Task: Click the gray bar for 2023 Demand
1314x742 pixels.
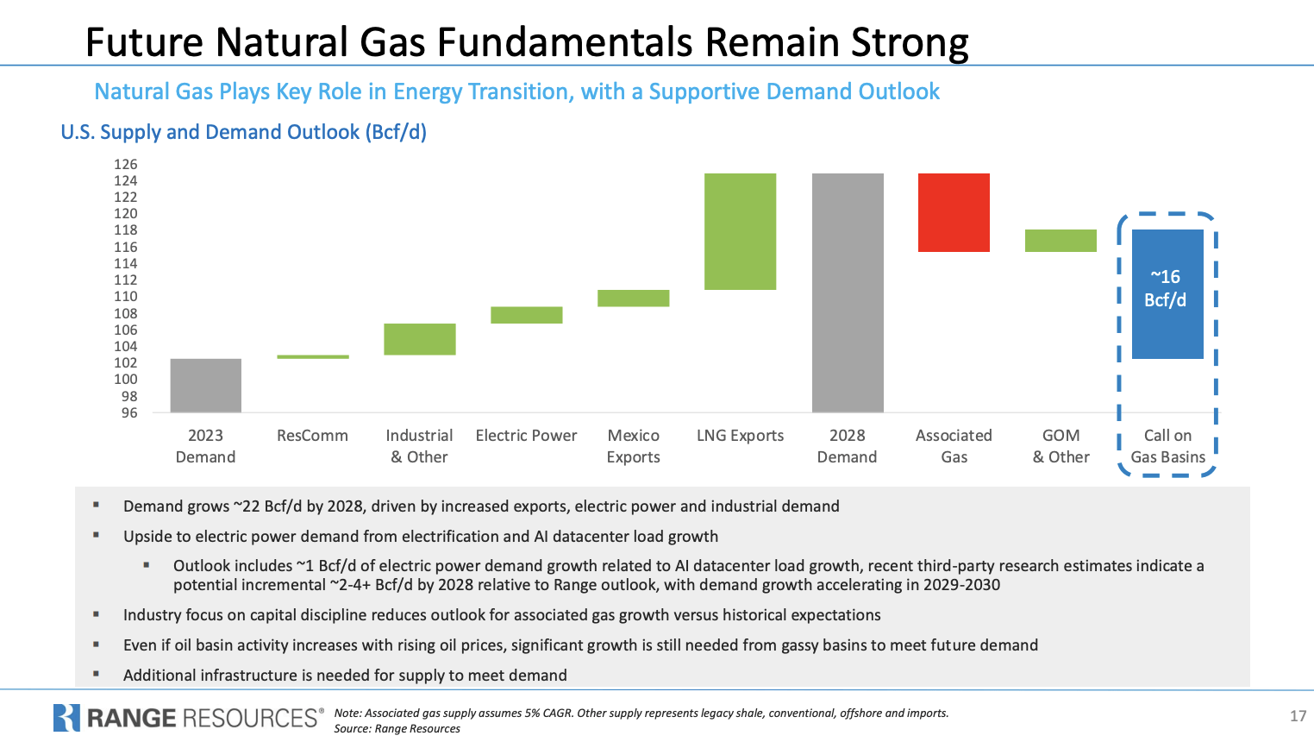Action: pyautogui.click(x=206, y=385)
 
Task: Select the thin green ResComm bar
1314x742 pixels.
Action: pyautogui.click(x=313, y=356)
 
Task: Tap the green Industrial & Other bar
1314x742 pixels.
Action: pyautogui.click(x=420, y=339)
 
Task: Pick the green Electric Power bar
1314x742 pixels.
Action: pyautogui.click(x=527, y=315)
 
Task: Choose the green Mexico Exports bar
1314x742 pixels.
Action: pyautogui.click(x=634, y=299)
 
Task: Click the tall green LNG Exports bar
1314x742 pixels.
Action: pyautogui.click(x=741, y=231)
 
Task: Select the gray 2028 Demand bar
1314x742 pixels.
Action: pyautogui.click(x=848, y=292)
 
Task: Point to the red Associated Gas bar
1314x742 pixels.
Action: pyautogui.click(x=954, y=212)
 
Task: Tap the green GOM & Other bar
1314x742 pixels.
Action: pyautogui.click(x=1061, y=241)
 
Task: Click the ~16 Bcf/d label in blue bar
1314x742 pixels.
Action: pyautogui.click(x=1166, y=288)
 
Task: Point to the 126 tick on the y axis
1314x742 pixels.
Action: pyautogui.click(x=126, y=164)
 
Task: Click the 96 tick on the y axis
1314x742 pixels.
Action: pyautogui.click(x=129, y=412)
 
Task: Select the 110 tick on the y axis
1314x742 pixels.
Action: pyautogui.click(x=126, y=296)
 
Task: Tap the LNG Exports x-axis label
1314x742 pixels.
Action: pyautogui.click(x=741, y=436)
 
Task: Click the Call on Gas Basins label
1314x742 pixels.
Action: pyautogui.click(x=1168, y=446)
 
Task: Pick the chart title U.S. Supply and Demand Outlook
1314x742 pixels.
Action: pyautogui.click(x=243, y=132)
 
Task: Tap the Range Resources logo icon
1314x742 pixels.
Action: pyautogui.click(x=66, y=718)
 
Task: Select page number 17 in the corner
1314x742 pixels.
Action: pyautogui.click(x=1298, y=715)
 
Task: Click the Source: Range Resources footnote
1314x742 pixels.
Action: pyautogui.click(x=397, y=729)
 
